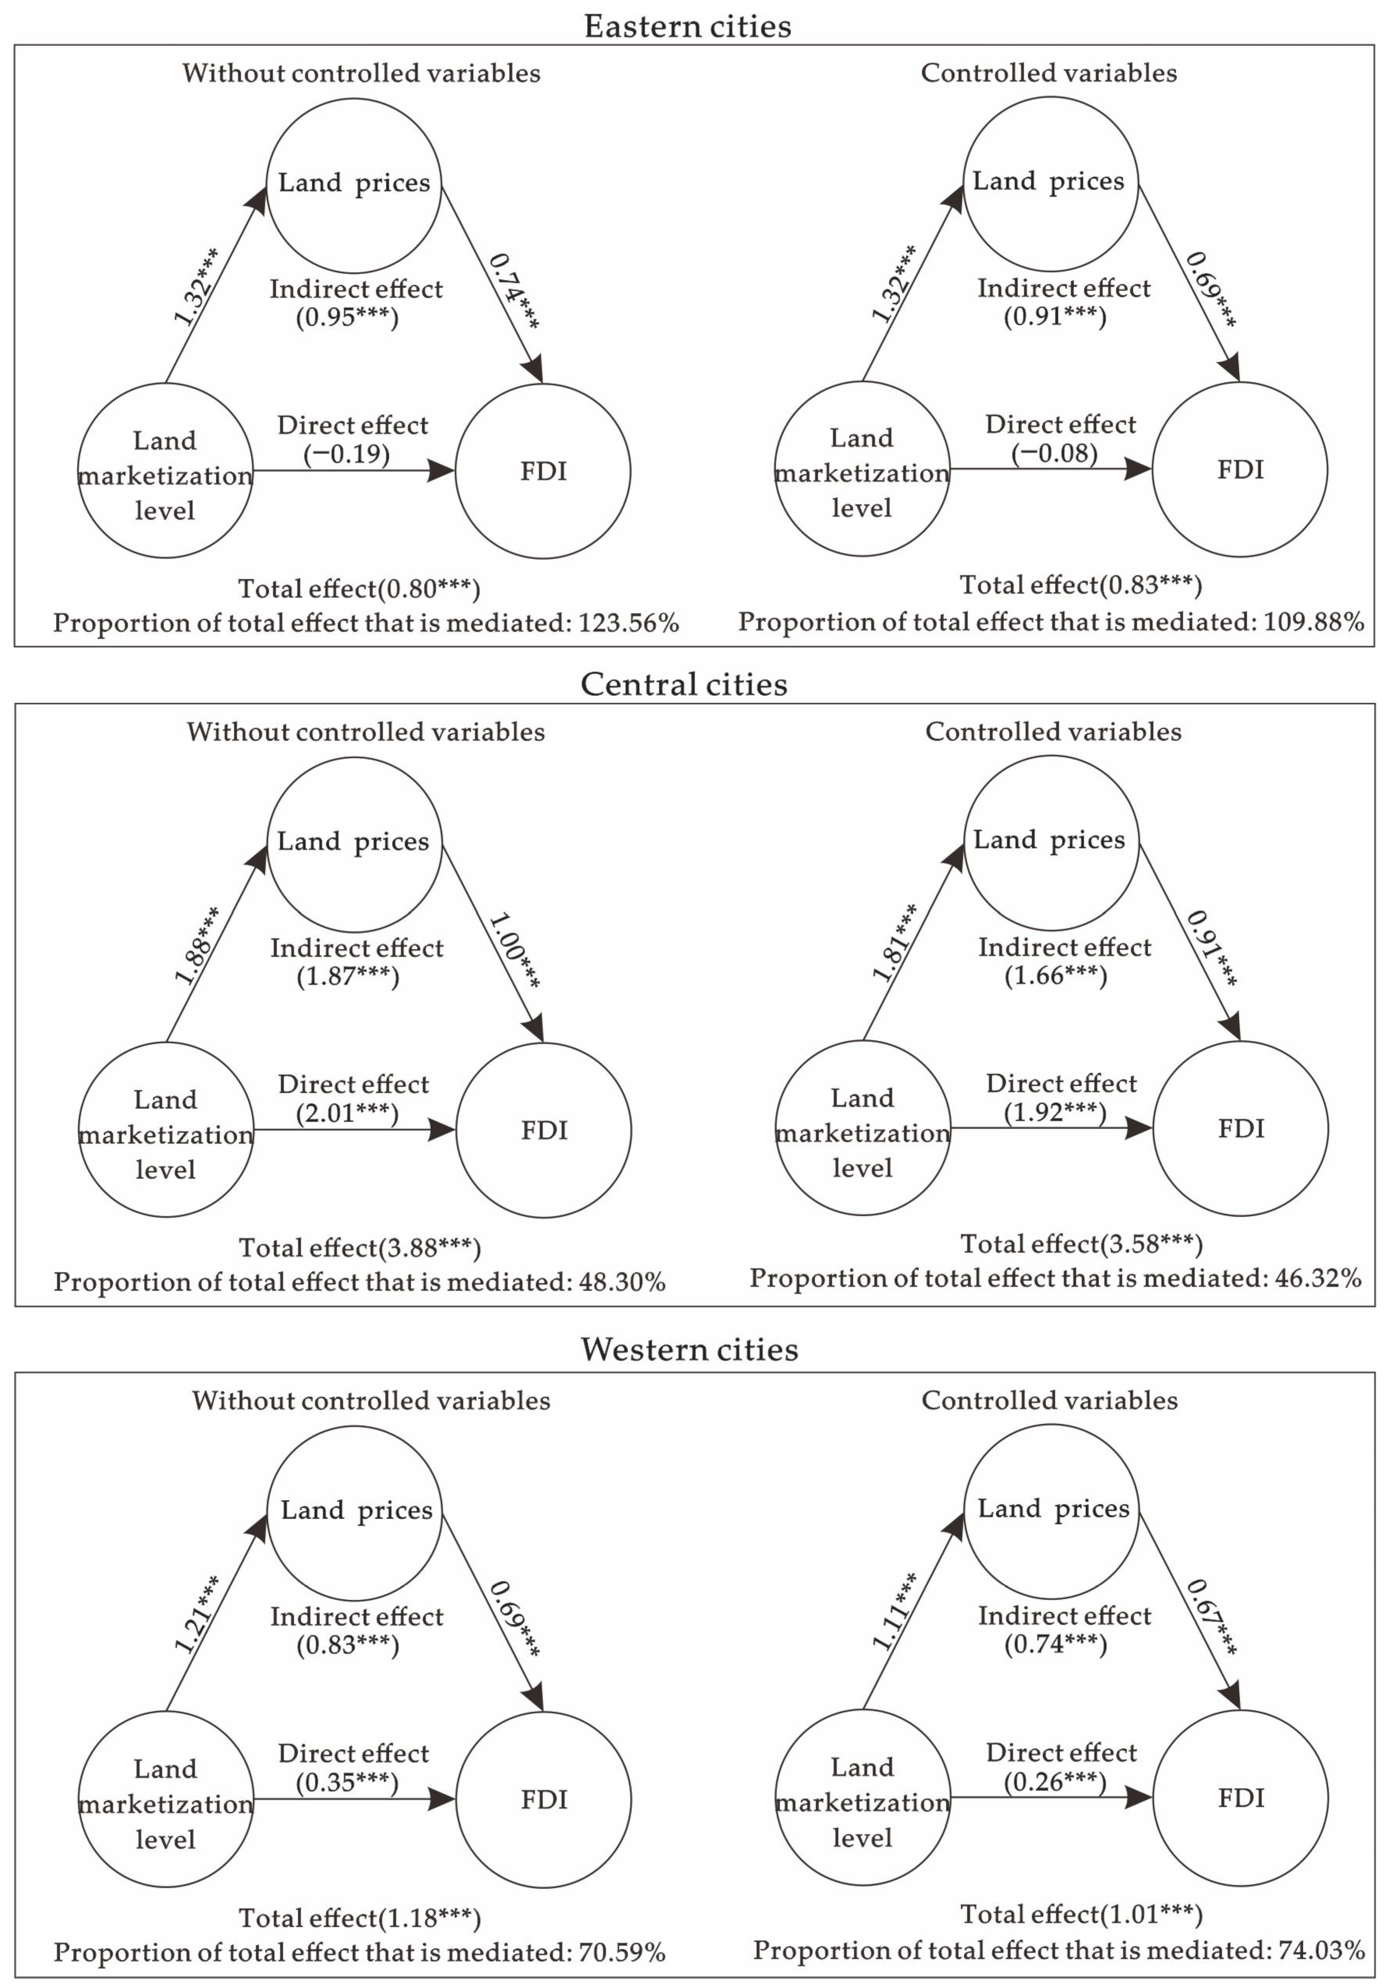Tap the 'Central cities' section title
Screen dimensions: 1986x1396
coord(684,685)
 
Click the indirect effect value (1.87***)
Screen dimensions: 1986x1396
coord(348,976)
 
